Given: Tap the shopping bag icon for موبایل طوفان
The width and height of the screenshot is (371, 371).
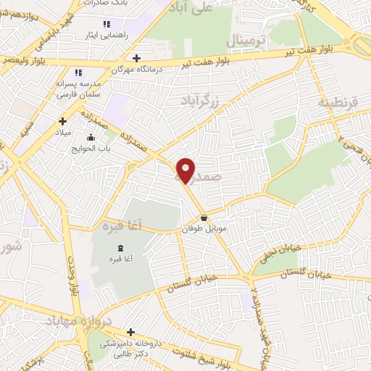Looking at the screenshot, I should (204, 217).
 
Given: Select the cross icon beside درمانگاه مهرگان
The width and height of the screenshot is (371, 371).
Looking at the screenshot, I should (137, 58).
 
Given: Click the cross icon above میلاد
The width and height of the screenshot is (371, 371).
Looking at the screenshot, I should (62, 121).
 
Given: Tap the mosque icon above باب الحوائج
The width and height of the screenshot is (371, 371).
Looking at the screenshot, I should (90, 137).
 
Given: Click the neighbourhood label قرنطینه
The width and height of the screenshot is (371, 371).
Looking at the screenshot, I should (338, 103).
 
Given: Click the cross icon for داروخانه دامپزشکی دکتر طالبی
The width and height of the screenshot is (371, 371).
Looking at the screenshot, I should (130, 332).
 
